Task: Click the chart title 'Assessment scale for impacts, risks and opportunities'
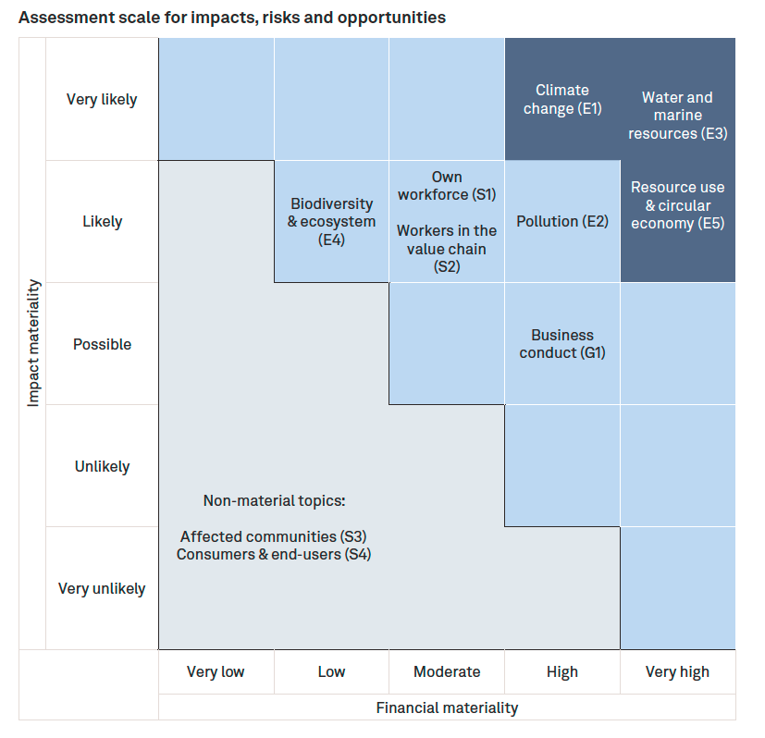(x=231, y=18)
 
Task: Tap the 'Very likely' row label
(x=102, y=100)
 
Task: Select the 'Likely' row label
(x=102, y=222)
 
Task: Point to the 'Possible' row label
(x=102, y=344)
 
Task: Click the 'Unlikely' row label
(x=102, y=466)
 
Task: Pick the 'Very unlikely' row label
(x=102, y=588)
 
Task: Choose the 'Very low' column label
(x=216, y=671)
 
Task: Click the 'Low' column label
(x=331, y=671)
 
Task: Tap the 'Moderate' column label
(x=447, y=671)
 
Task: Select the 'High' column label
(x=562, y=671)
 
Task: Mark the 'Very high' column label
(x=677, y=671)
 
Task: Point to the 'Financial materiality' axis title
(x=447, y=707)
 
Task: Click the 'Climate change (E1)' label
(x=562, y=99)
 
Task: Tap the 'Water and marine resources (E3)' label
(x=677, y=115)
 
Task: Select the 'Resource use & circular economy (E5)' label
(x=677, y=204)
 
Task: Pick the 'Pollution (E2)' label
(x=562, y=221)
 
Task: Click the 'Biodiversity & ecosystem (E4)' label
(x=331, y=221)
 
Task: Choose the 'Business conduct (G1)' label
(x=562, y=343)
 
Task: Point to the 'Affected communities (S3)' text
(x=273, y=536)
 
